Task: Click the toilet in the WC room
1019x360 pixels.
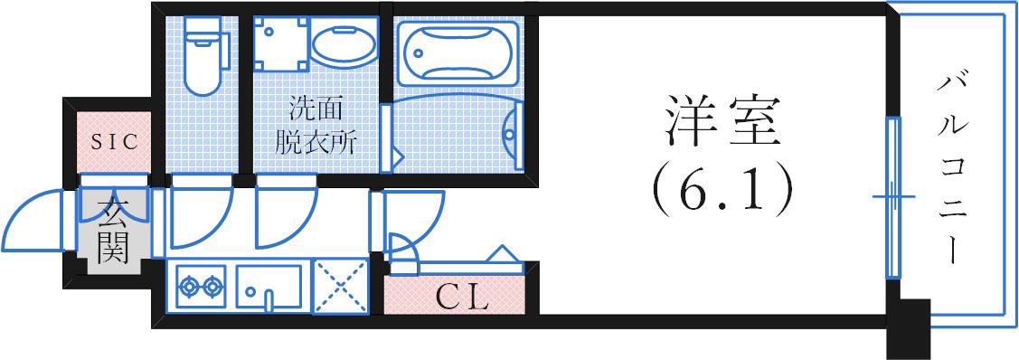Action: [x=202, y=56]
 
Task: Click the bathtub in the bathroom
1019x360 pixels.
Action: [x=458, y=54]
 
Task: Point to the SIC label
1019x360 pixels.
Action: [x=114, y=142]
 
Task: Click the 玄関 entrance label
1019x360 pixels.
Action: [x=113, y=230]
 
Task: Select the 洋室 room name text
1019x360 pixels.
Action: [x=722, y=121]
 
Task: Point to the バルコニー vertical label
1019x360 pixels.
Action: [x=950, y=170]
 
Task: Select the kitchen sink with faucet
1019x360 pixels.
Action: [x=269, y=286]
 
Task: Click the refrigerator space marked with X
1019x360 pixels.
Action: [x=341, y=287]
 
